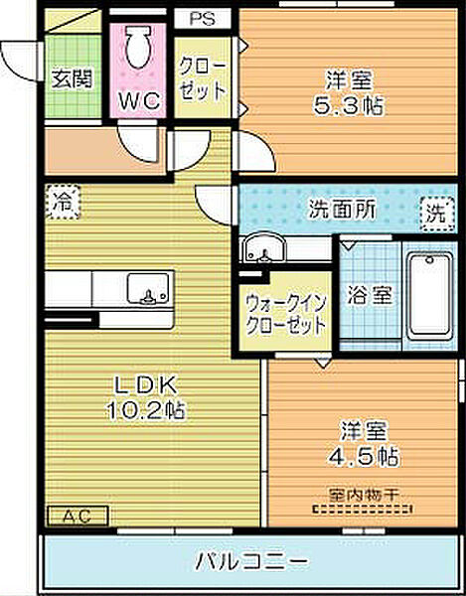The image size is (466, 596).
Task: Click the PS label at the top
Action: tap(203, 18)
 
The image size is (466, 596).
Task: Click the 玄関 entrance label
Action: tap(72, 77)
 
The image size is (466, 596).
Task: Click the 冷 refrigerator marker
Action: tap(63, 200)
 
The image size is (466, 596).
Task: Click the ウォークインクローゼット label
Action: tap(286, 316)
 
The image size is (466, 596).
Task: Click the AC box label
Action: tap(78, 517)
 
